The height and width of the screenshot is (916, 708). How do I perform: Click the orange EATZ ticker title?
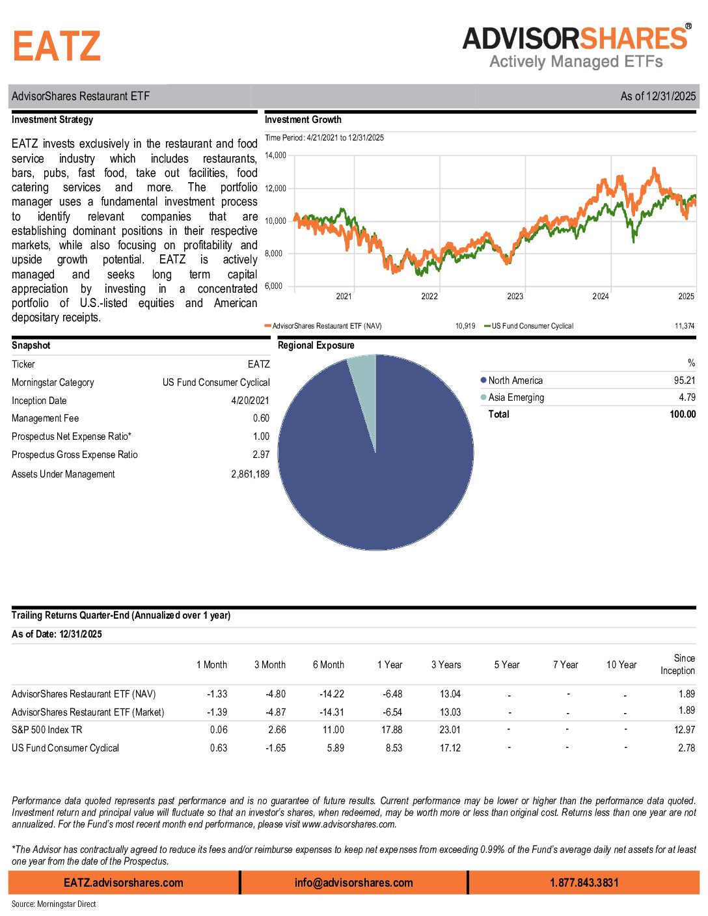pos(57,47)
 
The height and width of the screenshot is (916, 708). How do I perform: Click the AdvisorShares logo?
pos(576,47)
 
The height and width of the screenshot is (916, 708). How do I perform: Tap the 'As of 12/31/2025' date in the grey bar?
pos(657,96)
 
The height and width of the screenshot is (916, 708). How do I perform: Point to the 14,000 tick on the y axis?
pos(275,155)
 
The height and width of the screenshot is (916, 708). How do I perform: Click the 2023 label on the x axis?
pos(515,297)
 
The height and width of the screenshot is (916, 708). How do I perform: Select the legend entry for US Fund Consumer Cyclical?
pos(532,326)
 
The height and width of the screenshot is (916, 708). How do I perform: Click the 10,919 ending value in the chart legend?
pos(465,326)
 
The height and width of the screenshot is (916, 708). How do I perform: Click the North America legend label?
pos(515,381)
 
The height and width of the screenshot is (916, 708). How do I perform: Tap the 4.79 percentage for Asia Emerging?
pos(687,397)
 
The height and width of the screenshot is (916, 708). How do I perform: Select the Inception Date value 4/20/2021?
pos(250,401)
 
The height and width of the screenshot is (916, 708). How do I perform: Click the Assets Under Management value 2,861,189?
pos(250,474)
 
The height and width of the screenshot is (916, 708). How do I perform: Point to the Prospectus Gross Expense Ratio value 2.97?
pos(261,455)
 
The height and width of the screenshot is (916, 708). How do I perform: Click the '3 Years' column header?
pos(446,665)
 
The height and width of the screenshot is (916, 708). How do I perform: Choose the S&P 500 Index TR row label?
pos(47,730)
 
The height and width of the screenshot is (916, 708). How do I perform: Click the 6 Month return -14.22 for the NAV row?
pos(332,694)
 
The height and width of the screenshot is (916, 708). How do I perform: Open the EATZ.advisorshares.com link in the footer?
pos(124,883)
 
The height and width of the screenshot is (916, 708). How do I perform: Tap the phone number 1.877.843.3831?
pos(584,883)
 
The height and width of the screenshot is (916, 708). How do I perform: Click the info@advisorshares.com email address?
pos(353,883)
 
